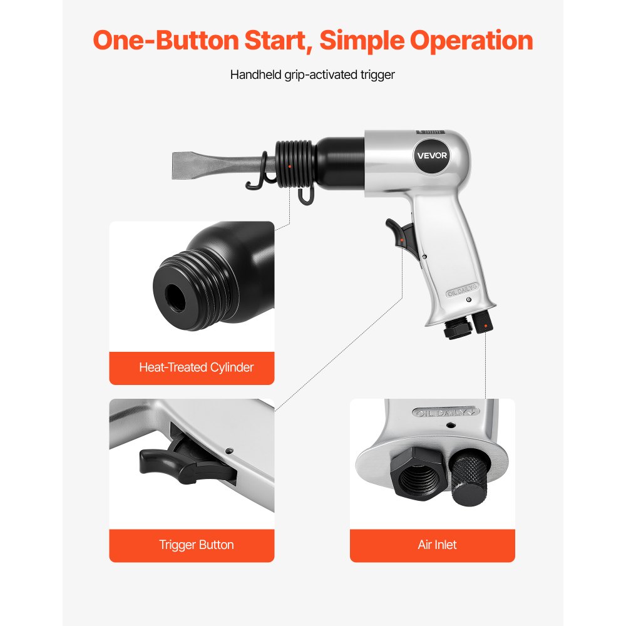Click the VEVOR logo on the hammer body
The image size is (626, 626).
tap(432, 155)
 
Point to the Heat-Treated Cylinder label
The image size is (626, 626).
tap(196, 367)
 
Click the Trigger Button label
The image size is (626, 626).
tap(196, 545)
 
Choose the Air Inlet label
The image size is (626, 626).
tap(437, 545)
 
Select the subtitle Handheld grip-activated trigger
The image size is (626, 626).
tap(312, 74)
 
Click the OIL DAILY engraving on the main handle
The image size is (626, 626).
tap(462, 292)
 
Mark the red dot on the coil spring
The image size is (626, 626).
tap(289, 165)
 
